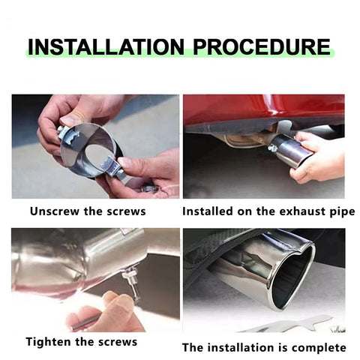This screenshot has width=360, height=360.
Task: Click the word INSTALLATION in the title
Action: point(106,47)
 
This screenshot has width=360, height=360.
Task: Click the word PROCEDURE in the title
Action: point(262,47)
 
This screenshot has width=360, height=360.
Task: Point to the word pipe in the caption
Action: point(342,212)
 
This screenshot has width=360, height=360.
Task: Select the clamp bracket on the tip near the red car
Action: point(274,146)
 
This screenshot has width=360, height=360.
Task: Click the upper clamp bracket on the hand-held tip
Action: point(68,135)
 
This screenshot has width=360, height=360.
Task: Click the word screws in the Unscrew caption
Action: point(126,212)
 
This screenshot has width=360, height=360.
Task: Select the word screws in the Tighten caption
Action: point(118,343)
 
